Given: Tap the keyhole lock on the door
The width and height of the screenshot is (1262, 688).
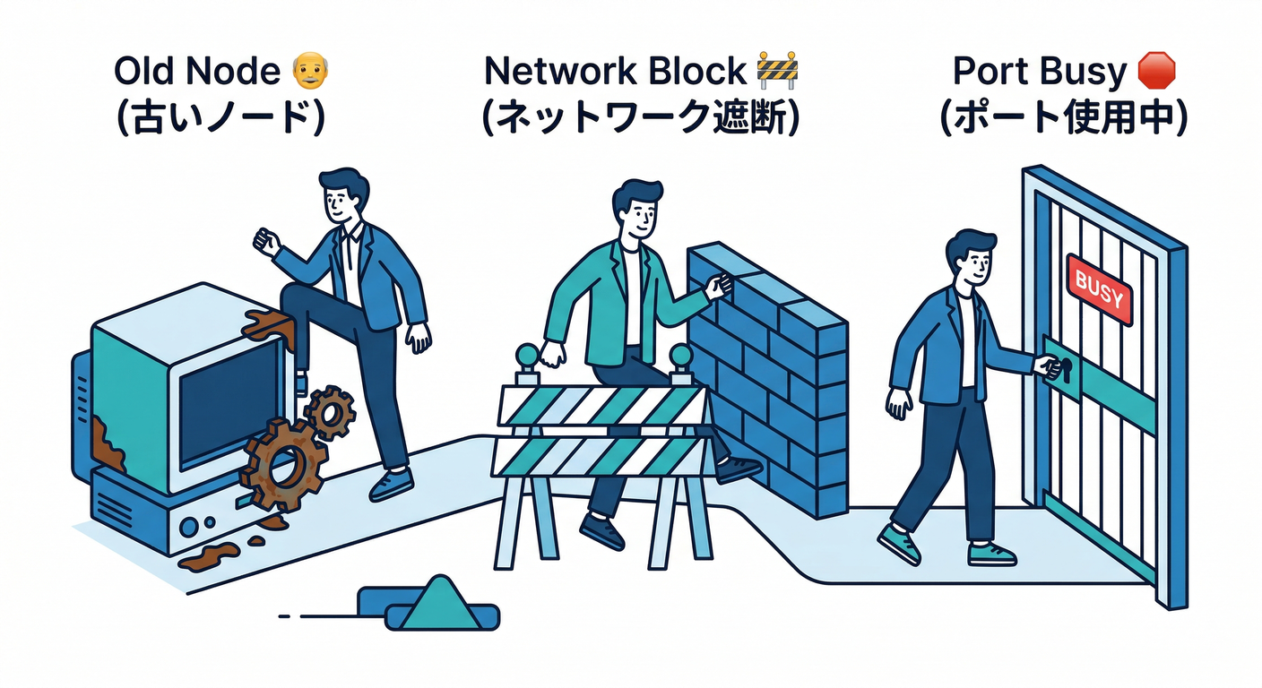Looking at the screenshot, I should (1064, 368).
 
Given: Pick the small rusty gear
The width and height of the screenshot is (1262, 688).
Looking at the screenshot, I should (329, 411).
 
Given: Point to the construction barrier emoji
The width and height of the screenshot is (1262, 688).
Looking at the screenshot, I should (777, 71).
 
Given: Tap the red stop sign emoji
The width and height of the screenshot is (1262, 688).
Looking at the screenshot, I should (1155, 71).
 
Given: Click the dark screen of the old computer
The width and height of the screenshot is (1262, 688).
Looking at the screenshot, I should (228, 395).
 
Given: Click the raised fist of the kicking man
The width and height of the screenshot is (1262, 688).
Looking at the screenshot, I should (265, 240).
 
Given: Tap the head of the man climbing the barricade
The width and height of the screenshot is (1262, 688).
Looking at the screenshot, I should (638, 209).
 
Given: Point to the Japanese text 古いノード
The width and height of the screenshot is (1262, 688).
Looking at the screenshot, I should (220, 119).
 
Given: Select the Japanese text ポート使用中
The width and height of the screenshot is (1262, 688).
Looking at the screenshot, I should (1064, 119).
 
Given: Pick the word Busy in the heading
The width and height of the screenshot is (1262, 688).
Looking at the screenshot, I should (1085, 72).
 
